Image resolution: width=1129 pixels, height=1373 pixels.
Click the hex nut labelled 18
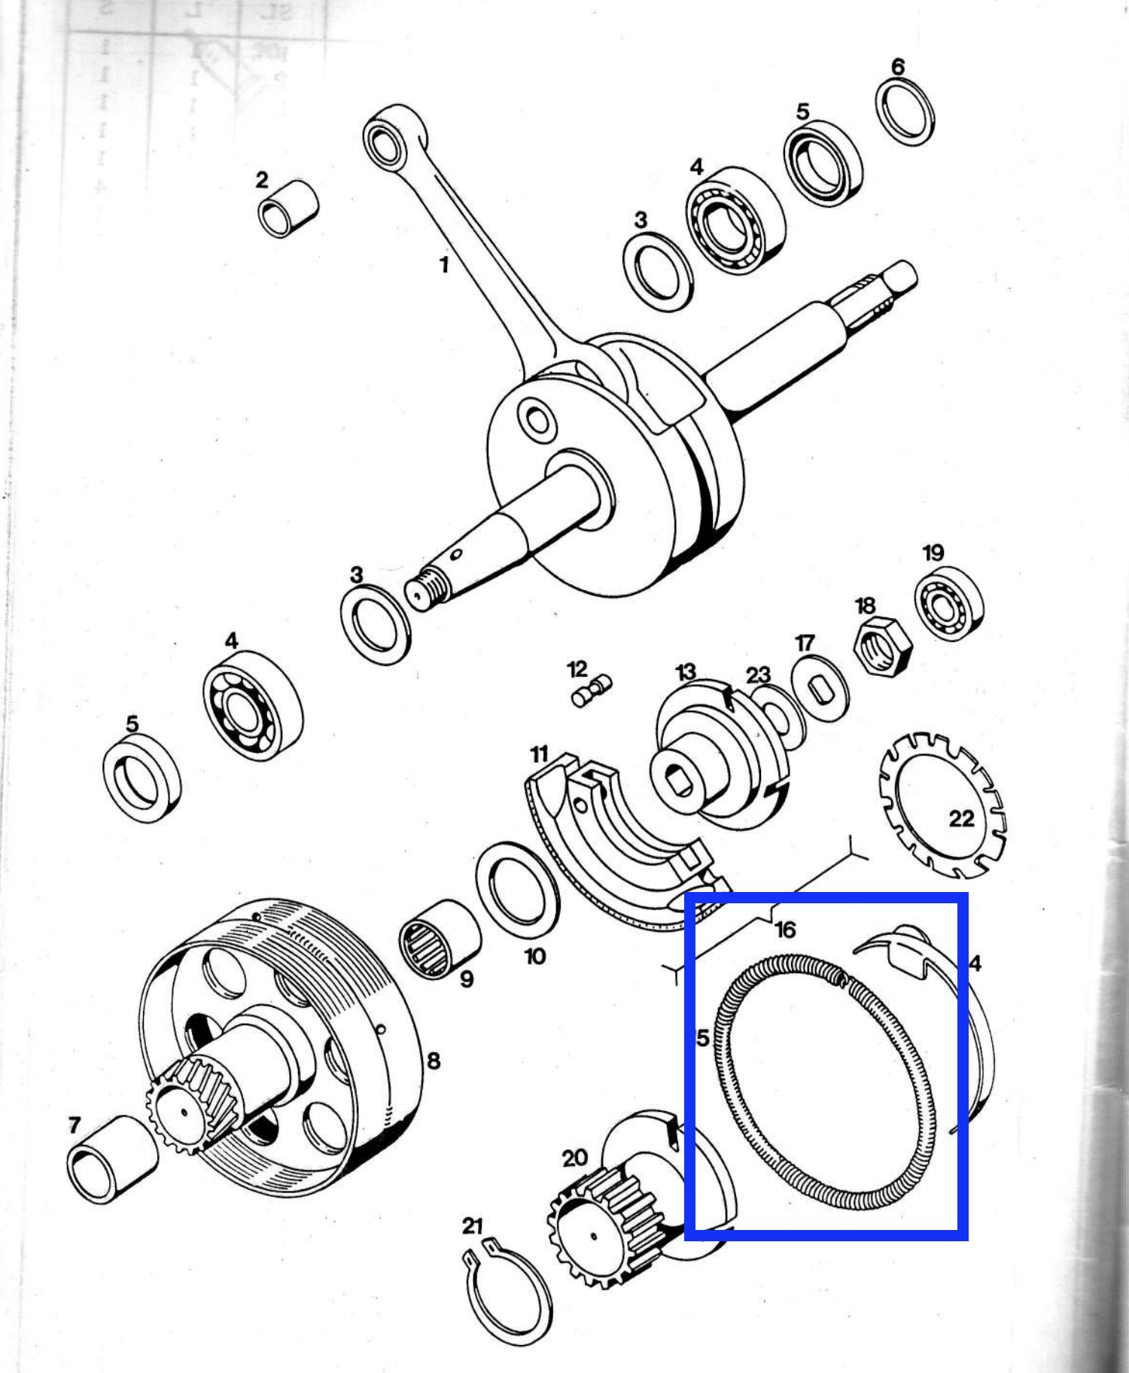point(883,647)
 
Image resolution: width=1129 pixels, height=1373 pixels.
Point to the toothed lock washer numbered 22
point(942,806)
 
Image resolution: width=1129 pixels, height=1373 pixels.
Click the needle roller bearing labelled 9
point(438,939)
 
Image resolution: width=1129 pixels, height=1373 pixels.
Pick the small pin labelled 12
point(592,691)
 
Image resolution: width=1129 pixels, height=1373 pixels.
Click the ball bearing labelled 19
point(949,604)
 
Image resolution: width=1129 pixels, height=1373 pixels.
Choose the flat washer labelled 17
point(820,689)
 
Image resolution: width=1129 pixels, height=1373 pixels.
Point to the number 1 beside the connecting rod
point(444,265)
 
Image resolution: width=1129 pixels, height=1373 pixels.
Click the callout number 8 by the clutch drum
point(434,1061)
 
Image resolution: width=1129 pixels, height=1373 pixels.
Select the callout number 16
point(785,930)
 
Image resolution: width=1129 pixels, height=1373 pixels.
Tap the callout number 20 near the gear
point(574,1158)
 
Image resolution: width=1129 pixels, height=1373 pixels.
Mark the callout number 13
point(686,672)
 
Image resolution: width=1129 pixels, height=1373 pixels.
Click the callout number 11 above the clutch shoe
point(539,754)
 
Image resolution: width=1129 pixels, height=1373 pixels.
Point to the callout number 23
point(758,674)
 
